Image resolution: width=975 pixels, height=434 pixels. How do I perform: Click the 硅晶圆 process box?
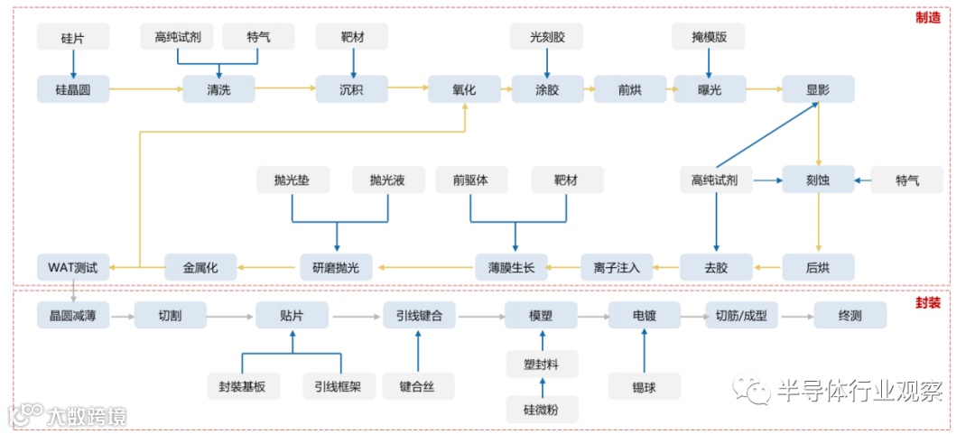pyautogui.click(x=73, y=88)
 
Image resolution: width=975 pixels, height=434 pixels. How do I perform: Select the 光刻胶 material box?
pyautogui.click(x=546, y=37)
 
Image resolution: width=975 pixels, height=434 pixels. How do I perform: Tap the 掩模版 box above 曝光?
pyautogui.click(x=710, y=37)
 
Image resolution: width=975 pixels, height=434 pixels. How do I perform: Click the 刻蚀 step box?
pyautogui.click(x=818, y=180)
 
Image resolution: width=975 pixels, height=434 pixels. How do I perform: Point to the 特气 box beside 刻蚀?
pyautogui.click(x=906, y=180)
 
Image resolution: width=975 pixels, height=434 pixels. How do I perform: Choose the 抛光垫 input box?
pyautogui.click(x=292, y=180)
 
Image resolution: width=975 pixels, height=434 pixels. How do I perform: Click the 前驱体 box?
pyautogui.click(x=470, y=180)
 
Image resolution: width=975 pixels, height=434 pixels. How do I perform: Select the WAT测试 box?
pyautogui.click(x=73, y=267)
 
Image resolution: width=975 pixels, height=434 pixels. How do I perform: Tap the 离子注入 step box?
pyautogui.click(x=617, y=267)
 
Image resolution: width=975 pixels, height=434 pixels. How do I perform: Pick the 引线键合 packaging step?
pyautogui.click(x=419, y=315)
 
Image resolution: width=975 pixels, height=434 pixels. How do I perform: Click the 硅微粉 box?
pyautogui.click(x=542, y=409)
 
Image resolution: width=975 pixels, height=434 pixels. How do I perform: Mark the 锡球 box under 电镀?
pyautogui.click(x=645, y=385)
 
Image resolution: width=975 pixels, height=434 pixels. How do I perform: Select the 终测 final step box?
pyautogui.click(x=850, y=315)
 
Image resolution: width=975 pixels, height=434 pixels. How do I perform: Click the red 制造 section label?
pyautogui.click(x=927, y=17)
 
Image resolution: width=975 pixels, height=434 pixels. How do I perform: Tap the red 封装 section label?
pyautogui.click(x=927, y=302)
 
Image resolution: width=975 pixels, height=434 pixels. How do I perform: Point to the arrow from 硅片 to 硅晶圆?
pyautogui.click(x=73, y=62)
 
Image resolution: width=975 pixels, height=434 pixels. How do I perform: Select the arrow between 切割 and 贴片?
pyautogui.click(x=230, y=316)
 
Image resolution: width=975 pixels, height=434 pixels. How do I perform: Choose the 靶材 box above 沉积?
pyautogui.click(x=352, y=37)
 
